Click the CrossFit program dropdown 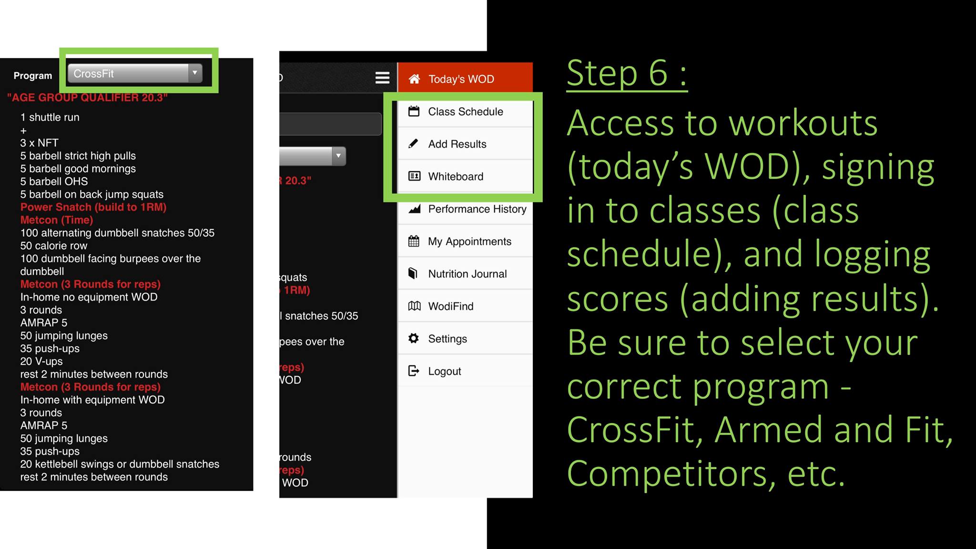pyautogui.click(x=135, y=73)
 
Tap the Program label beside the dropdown pyautogui.click(x=33, y=75)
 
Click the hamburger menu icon pyautogui.click(x=382, y=78)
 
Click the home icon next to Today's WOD pyautogui.click(x=414, y=79)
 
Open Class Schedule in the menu pyautogui.click(x=465, y=112)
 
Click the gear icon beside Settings pyautogui.click(x=414, y=338)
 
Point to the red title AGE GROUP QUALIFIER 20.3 pyautogui.click(x=87, y=98)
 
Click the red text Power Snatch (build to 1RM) pyautogui.click(x=93, y=207)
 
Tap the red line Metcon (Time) pyautogui.click(x=57, y=220)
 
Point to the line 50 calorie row pyautogui.click(x=54, y=246)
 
